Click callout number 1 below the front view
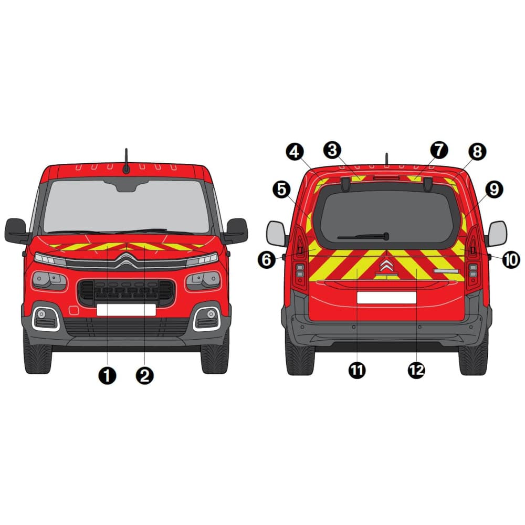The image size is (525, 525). click(x=107, y=375)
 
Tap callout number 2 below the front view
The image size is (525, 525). click(x=145, y=375)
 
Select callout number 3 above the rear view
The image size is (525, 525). click(x=332, y=150)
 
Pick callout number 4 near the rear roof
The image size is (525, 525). click(x=295, y=152)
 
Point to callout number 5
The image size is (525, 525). click(x=282, y=190)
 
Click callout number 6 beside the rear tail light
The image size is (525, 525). click(x=267, y=259)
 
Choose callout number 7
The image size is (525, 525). click(x=439, y=150)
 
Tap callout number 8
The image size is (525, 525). click(x=477, y=152)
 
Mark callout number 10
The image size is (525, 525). click(x=511, y=259)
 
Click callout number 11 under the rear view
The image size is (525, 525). click(x=357, y=370)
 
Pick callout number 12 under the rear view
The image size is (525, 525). click(x=416, y=370)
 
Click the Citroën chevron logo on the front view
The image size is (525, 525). click(x=126, y=261)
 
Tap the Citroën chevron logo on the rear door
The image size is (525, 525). click(x=386, y=267)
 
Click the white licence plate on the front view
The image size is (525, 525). click(x=126, y=310)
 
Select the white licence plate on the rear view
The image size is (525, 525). click(x=386, y=298)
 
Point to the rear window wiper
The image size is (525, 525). click(x=364, y=237)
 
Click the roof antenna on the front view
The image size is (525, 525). click(x=126, y=161)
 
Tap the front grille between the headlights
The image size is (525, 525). click(x=126, y=291)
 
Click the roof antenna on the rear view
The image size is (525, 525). click(x=386, y=159)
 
